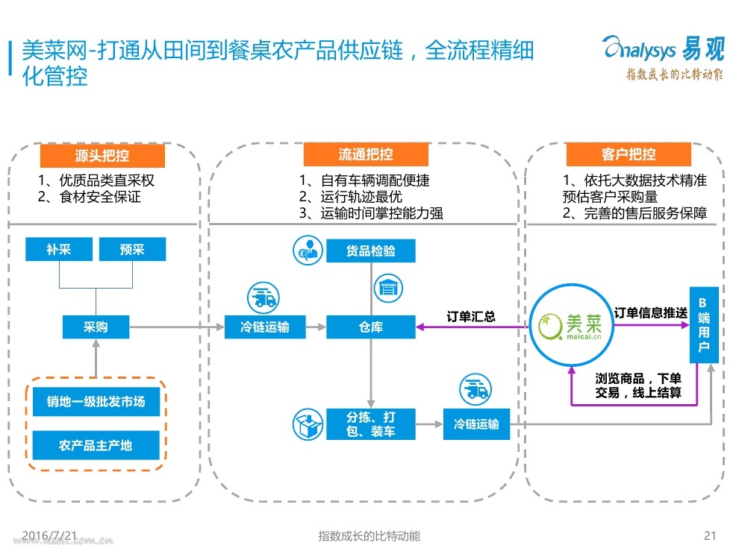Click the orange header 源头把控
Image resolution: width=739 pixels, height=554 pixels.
(102, 156)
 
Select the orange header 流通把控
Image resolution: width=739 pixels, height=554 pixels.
(366, 154)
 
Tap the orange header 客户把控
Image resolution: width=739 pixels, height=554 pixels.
(629, 154)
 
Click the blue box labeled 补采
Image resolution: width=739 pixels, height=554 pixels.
(59, 249)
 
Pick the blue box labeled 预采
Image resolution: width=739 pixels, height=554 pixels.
(132, 249)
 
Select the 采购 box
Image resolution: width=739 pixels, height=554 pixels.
(96, 327)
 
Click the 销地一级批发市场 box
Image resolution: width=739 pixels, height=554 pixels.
(96, 401)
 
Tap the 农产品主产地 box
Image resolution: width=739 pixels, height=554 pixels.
(96, 445)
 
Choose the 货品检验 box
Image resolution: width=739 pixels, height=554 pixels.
(371, 251)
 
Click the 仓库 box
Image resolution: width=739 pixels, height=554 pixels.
(371, 327)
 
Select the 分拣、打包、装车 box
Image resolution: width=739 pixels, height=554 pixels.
(371, 424)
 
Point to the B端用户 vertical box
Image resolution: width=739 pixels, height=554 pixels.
(704, 325)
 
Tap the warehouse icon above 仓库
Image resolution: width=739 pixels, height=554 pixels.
(388, 288)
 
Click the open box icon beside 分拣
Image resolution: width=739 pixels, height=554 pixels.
(308, 424)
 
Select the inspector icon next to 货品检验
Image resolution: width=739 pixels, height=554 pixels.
(308, 251)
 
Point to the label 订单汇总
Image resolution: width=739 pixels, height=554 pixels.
(471, 316)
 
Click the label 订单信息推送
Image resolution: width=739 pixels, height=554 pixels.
(651, 313)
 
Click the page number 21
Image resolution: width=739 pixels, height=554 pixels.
(710, 535)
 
